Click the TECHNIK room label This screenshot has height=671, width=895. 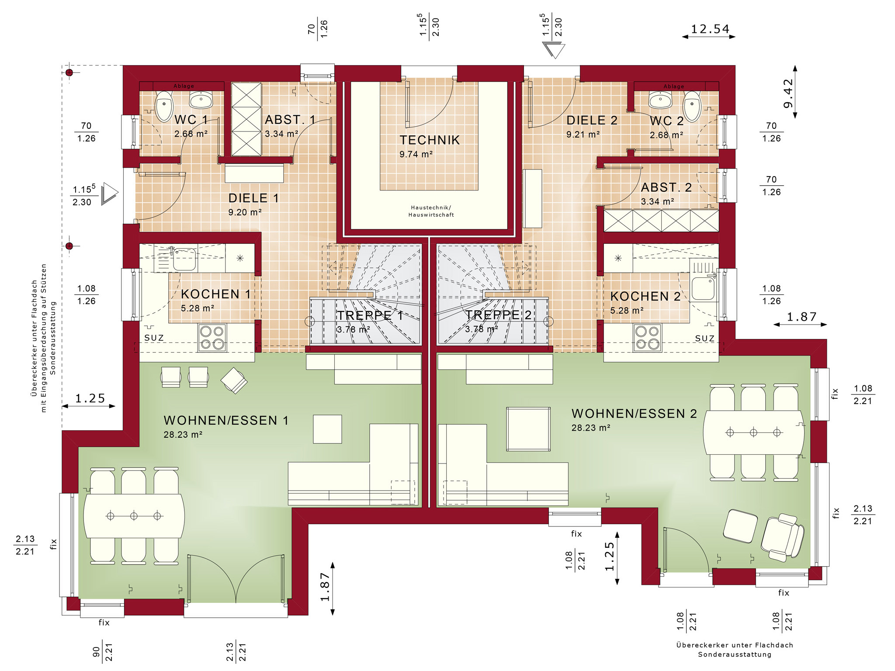click(x=430, y=140)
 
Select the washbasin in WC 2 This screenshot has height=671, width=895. click(x=660, y=100)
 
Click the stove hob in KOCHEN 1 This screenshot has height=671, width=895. click(x=212, y=338)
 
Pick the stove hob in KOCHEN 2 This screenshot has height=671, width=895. click(x=647, y=338)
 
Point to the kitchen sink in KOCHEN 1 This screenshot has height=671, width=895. click(x=184, y=259)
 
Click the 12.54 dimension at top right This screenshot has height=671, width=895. click(x=710, y=29)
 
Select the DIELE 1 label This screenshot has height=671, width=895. click(x=253, y=198)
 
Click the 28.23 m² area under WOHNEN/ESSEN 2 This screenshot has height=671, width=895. click(x=590, y=428)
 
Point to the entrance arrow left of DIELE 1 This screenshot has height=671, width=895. click(x=109, y=194)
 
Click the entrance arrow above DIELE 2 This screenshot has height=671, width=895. click(x=553, y=50)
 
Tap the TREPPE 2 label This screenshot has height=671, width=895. click(x=498, y=315)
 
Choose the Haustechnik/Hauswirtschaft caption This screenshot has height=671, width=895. click(x=431, y=211)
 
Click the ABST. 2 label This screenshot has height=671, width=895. click(x=666, y=187)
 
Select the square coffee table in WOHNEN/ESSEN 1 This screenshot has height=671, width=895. click(x=327, y=429)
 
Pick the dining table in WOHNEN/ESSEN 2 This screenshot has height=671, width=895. click(x=753, y=432)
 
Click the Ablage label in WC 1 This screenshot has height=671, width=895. click(x=184, y=86)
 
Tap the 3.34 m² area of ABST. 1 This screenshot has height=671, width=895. click(x=281, y=134)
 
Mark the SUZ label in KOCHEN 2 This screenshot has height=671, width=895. click(x=704, y=338)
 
